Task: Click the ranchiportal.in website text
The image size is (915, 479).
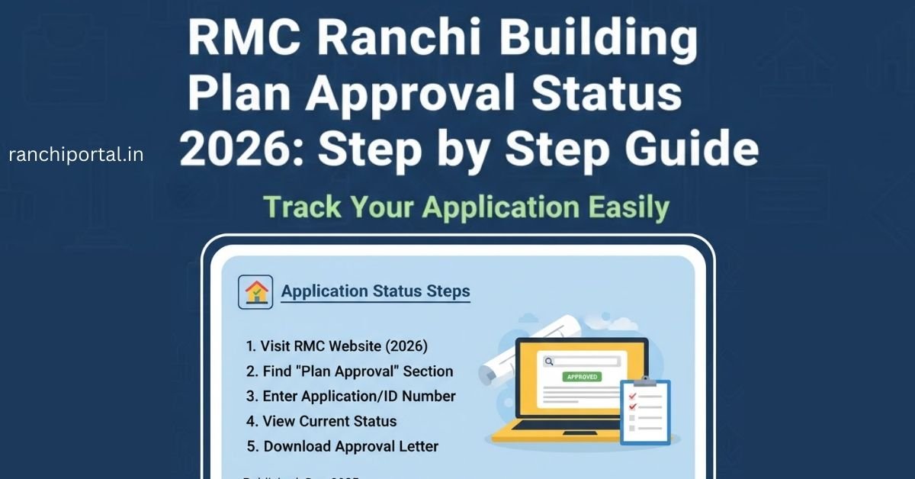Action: click(75, 156)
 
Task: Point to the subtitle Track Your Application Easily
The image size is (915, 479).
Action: click(466, 207)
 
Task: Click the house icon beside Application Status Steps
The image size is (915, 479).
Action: click(256, 291)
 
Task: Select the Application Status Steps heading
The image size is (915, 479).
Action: click(375, 291)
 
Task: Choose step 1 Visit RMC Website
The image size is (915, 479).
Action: click(336, 346)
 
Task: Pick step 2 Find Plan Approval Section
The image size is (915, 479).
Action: click(349, 371)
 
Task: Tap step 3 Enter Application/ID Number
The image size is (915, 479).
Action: click(351, 397)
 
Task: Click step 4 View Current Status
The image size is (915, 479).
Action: click(321, 421)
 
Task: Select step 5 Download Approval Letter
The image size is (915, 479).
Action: click(342, 446)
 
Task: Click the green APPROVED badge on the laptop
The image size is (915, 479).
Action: click(582, 377)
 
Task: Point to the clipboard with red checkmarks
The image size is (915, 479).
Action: click(645, 412)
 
